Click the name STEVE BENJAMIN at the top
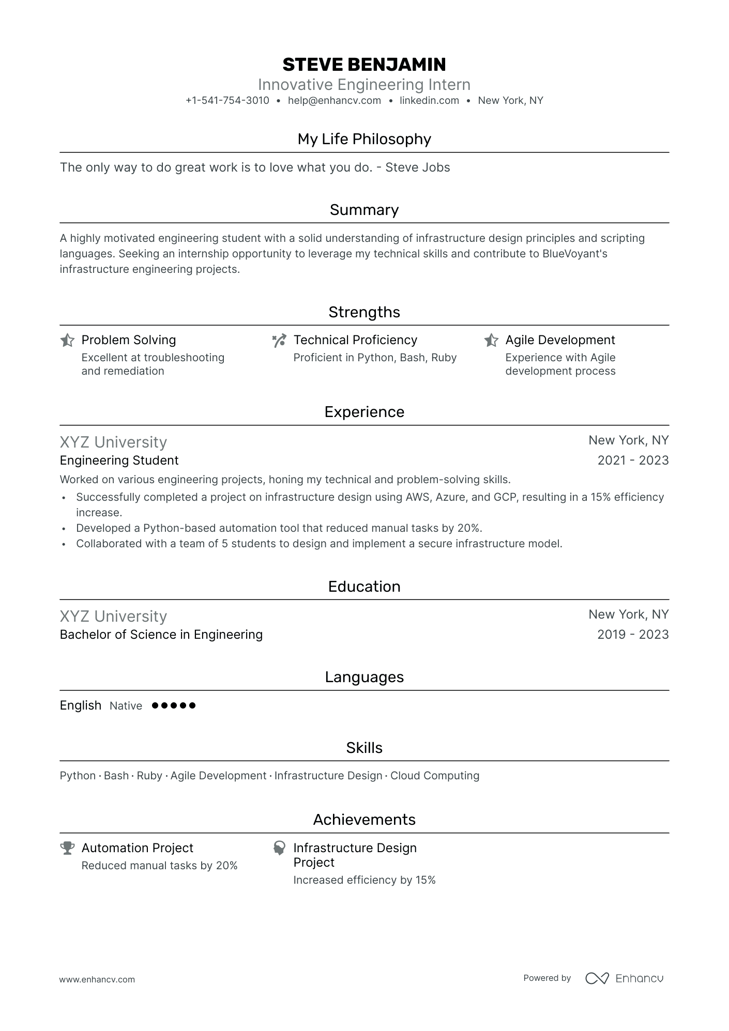pos(364,65)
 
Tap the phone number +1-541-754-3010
pos(227,101)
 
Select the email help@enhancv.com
pos(334,101)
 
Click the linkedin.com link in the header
pos(429,101)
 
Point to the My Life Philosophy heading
pos(364,139)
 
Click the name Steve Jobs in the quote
pos(418,167)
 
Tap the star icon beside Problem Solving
pos(67,340)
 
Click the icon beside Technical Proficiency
pos(279,340)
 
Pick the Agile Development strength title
pos(560,340)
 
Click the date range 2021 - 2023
pos(633,460)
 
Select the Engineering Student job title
pos(119,460)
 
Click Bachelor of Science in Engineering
pos(161,635)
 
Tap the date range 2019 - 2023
pos(633,635)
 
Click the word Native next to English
pos(126,706)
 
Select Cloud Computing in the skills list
pos(435,776)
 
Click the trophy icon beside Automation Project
pos(67,848)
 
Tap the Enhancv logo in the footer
pos(624,978)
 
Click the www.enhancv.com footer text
pos(97,979)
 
